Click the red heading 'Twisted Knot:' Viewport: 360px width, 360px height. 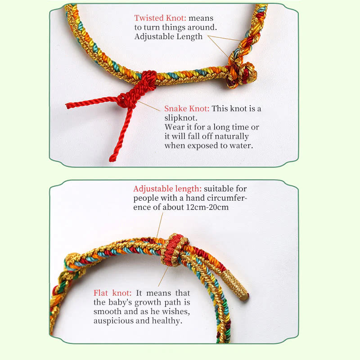click(160, 18)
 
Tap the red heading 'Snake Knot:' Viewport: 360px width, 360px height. click(187, 108)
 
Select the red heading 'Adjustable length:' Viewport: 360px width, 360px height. click(167, 189)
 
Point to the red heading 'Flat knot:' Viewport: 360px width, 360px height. click(112, 293)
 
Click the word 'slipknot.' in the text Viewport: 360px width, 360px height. click(181, 118)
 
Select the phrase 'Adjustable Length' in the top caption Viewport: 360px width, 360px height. click(168, 36)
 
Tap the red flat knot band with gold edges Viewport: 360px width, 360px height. click(174, 250)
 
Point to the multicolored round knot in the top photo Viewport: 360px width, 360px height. click(243, 73)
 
